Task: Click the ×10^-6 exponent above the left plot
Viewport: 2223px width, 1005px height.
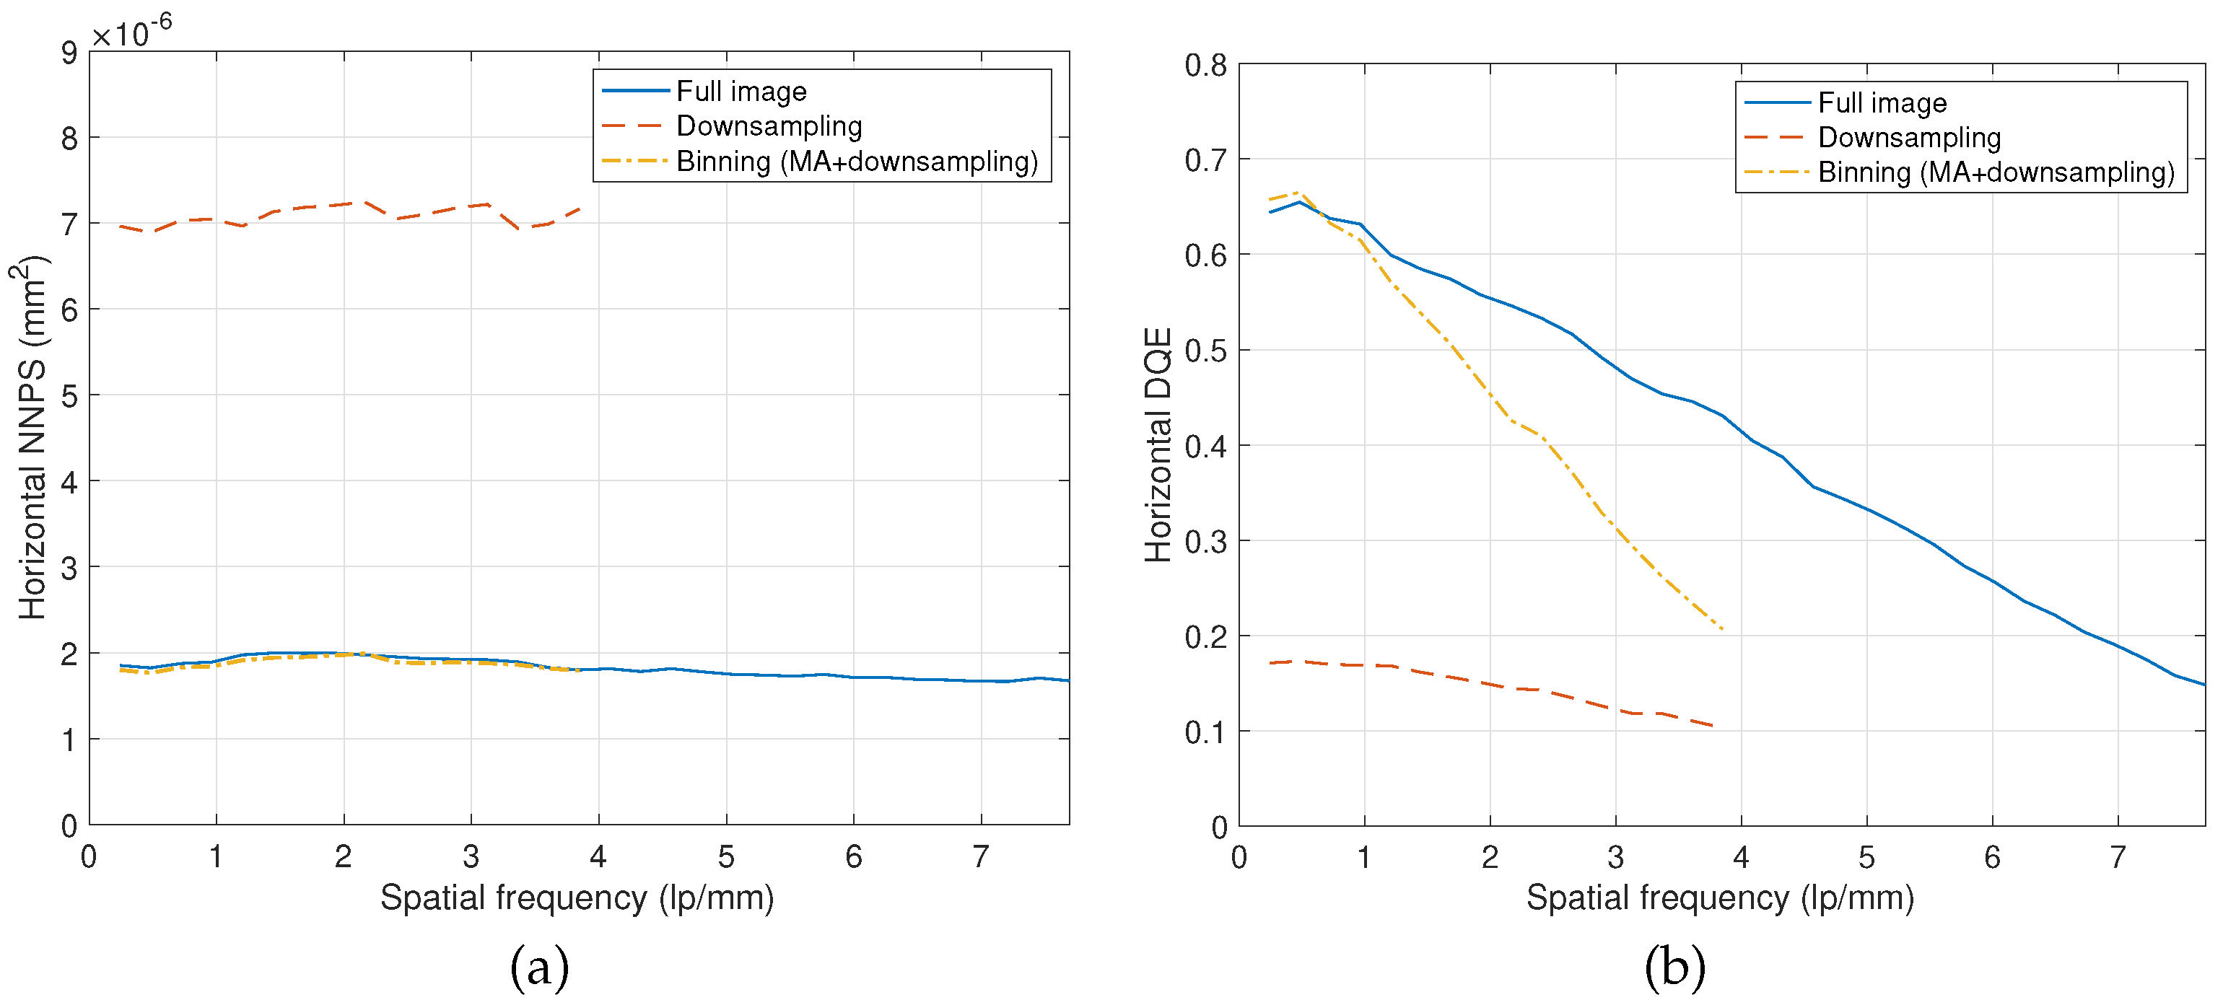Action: pos(132,32)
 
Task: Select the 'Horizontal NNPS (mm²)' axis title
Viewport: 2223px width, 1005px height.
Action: pos(32,437)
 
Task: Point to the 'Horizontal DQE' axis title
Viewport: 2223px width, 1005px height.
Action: pos(1158,445)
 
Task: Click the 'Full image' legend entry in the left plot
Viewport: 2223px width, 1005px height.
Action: pos(741,92)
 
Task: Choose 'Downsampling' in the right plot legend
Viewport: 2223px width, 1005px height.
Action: pos(1909,138)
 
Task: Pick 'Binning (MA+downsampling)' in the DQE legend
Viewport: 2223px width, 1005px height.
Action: pos(1995,172)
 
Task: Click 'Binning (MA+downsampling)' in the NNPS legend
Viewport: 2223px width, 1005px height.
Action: pos(856,162)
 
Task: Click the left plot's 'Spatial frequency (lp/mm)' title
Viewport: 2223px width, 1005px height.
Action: pos(577,898)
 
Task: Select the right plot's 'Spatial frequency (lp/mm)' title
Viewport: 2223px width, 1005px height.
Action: pos(1720,898)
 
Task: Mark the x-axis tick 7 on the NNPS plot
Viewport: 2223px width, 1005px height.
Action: pos(980,856)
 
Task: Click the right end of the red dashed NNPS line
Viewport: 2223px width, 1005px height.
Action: pos(580,208)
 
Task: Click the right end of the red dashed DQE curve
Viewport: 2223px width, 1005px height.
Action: pos(1712,726)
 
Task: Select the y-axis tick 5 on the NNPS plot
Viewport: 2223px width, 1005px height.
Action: pos(69,397)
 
